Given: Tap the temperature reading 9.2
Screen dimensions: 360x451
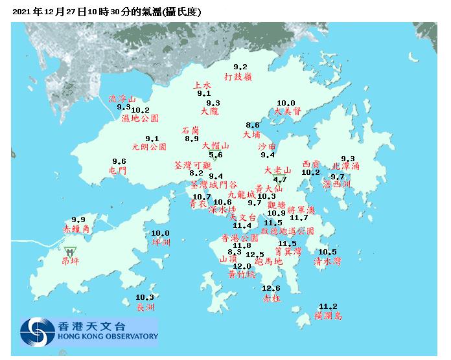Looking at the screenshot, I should click(240, 67).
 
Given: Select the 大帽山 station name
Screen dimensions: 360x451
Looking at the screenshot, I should click(215, 146).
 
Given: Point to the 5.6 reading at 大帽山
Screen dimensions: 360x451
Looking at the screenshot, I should click(216, 155).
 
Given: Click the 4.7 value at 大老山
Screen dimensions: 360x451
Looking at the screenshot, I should click(280, 179).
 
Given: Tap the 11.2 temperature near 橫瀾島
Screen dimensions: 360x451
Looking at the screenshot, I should click(329, 306).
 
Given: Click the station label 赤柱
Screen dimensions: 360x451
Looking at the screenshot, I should click(272, 298).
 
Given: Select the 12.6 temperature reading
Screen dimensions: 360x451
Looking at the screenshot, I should click(271, 288).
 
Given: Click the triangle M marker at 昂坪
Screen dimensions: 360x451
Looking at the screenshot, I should click(70, 251).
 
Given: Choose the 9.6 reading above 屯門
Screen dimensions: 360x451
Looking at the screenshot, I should click(119, 161).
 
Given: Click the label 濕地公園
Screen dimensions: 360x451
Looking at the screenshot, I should click(139, 119).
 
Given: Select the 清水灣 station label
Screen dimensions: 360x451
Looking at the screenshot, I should click(327, 262).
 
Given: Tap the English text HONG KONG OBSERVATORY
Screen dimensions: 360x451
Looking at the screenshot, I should click(108, 337).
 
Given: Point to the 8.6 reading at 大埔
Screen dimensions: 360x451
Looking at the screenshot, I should click(253, 125).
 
